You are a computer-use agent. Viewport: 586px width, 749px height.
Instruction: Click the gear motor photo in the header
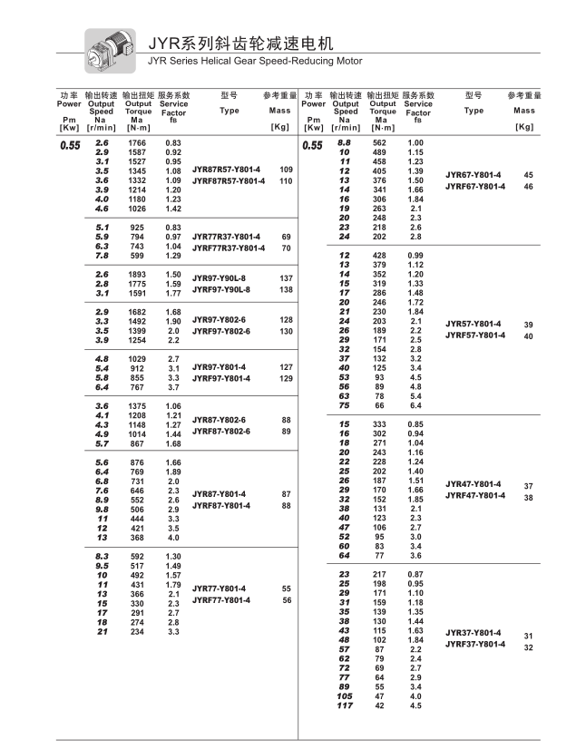[110, 50]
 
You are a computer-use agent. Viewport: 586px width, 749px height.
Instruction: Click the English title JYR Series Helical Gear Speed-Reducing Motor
[254, 61]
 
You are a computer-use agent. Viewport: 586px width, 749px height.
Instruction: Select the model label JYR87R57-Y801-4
[226, 170]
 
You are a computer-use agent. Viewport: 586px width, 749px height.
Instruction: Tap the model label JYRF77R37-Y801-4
[229, 248]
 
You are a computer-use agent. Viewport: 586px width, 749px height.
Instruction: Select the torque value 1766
[136, 143]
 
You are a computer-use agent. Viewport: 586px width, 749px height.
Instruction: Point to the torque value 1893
[136, 274]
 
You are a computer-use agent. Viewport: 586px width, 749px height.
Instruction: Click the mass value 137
[287, 277]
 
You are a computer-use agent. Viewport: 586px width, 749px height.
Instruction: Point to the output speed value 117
[344, 705]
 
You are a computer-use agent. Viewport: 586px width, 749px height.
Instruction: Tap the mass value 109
[287, 170]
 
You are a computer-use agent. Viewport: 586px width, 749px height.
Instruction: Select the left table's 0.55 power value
[70, 145]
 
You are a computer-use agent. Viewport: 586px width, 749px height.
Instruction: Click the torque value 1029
[136, 359]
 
